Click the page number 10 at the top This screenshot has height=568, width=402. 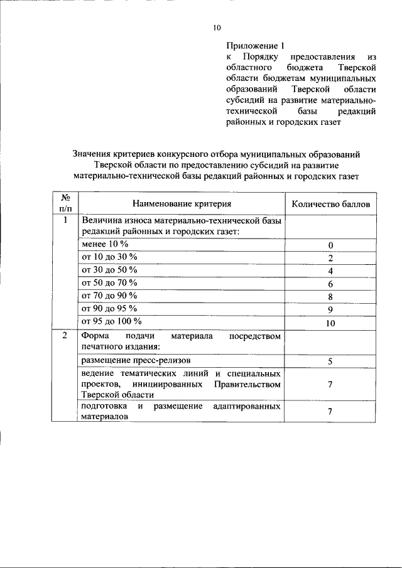point(217,27)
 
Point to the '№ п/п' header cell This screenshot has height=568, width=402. point(65,203)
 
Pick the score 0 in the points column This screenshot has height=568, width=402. point(330,245)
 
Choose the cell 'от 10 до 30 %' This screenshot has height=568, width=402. point(110,257)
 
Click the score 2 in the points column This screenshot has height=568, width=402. point(330,258)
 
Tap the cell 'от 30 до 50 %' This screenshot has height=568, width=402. point(110,270)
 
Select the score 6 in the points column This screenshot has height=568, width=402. point(330,284)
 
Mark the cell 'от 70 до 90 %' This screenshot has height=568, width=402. point(110,296)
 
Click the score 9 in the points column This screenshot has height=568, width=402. point(330,310)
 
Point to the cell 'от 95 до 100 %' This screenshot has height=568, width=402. point(112,321)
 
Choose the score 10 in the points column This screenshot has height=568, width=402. point(330,324)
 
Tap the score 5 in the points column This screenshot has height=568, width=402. point(330,362)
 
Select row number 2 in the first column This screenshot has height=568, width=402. point(65,336)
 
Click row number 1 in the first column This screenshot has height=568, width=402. point(65,220)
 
